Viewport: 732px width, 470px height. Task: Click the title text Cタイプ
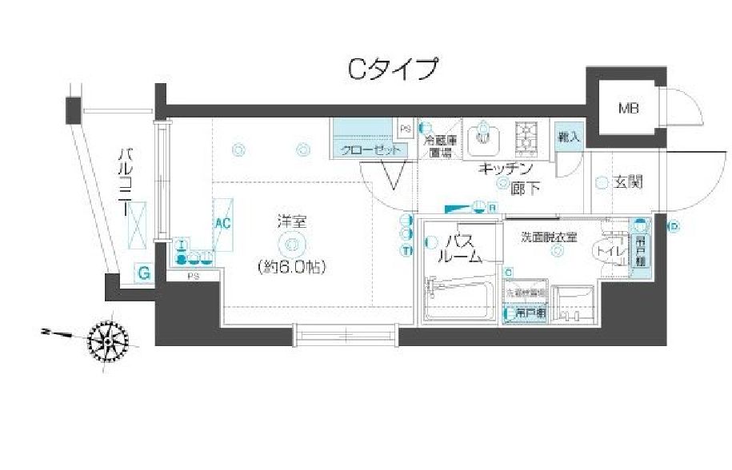pyautogui.click(x=392, y=70)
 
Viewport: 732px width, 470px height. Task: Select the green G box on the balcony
pyautogui.click(x=143, y=273)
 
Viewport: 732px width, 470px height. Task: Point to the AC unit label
pyautogui.click(x=222, y=224)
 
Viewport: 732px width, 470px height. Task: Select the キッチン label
pyautogui.click(x=506, y=169)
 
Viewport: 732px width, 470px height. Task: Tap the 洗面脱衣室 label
pyautogui.click(x=549, y=237)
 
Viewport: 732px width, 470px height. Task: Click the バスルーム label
pyautogui.click(x=462, y=249)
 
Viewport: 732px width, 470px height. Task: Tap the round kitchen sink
pyautogui.click(x=483, y=137)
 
